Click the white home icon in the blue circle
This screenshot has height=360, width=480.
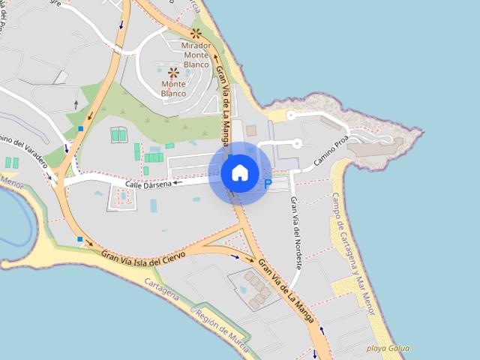point(239,172)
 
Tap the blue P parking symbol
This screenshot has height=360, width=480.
point(268,184)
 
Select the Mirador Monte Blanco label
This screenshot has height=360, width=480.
point(196,55)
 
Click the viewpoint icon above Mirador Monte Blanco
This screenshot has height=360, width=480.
point(196,33)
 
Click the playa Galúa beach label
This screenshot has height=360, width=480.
point(387,348)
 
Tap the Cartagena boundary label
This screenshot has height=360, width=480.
point(160,290)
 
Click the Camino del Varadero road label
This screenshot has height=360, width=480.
point(25,154)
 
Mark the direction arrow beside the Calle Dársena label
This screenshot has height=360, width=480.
point(178,182)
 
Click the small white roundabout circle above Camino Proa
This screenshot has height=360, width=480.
point(297,142)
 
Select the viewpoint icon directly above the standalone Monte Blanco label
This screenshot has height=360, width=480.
point(173,73)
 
